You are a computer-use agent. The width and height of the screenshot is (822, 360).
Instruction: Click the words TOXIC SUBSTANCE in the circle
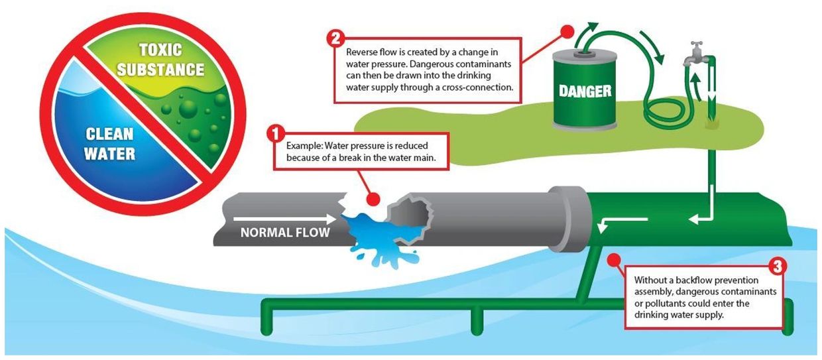click(160, 60)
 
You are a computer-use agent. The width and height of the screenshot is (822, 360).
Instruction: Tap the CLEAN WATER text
click(110, 144)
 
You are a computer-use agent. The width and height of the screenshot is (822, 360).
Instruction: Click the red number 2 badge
click(336, 38)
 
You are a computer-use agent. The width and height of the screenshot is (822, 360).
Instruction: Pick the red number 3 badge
click(778, 267)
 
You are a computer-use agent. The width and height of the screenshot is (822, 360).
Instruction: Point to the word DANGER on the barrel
click(585, 91)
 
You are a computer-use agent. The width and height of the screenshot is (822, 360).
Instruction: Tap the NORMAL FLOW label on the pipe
click(285, 232)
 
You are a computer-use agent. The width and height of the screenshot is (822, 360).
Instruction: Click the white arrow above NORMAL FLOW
click(285, 219)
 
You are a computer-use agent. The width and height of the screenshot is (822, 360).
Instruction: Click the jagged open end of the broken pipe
click(411, 217)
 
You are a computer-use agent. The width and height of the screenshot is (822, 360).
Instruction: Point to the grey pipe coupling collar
click(568, 219)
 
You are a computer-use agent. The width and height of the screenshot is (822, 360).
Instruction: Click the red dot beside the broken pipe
click(373, 200)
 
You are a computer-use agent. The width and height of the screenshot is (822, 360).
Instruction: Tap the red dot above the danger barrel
click(567, 32)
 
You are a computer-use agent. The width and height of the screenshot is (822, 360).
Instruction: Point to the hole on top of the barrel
click(585, 54)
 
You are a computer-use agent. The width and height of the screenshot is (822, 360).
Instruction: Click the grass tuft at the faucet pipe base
click(712, 123)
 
